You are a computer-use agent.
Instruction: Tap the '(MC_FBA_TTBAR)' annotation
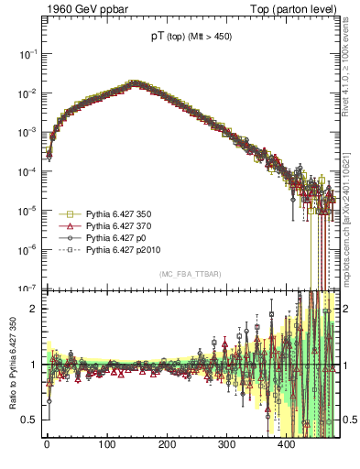click(x=191, y=275)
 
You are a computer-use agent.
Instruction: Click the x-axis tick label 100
click(x=107, y=444)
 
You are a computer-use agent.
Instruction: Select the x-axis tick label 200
click(x=167, y=444)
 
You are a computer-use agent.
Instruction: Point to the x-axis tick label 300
click(x=227, y=444)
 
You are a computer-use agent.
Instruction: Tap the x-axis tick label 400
click(x=287, y=444)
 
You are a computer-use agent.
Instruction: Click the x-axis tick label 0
click(x=47, y=444)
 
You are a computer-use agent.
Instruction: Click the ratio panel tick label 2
click(x=34, y=309)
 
